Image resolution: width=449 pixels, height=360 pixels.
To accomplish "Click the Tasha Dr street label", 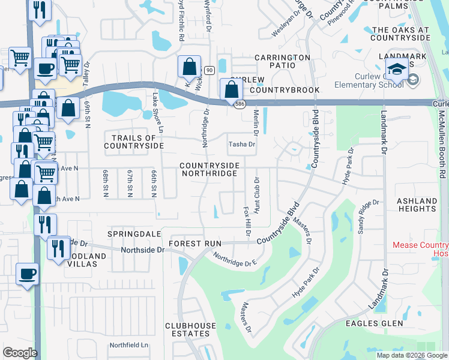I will click(242, 145).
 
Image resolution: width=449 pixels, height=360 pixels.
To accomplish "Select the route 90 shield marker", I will click(209, 71).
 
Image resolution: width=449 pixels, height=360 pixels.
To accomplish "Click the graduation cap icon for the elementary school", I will click(397, 70).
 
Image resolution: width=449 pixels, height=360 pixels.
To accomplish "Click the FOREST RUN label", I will click(195, 244).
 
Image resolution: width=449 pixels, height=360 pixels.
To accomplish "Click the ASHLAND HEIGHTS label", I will click(417, 205).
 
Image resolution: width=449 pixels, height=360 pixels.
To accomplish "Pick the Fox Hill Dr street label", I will click(246, 221).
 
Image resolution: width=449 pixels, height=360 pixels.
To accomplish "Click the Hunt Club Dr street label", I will click(257, 196).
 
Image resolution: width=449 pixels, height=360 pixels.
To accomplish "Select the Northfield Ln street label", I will click(128, 345).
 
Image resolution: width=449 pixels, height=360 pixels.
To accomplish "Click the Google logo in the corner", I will click(20, 353).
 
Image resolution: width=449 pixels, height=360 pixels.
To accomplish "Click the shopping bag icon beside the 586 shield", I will click(231, 90).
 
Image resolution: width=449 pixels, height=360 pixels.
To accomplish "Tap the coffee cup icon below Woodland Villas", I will click(28, 275).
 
